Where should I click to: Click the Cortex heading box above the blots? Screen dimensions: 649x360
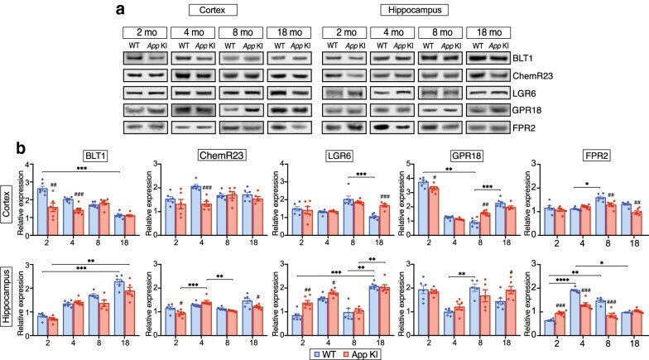coord(213,10)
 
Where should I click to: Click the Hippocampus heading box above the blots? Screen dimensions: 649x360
coord(414,10)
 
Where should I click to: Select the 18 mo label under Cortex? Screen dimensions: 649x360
coord(290,32)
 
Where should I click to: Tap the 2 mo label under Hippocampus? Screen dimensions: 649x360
coord(344,32)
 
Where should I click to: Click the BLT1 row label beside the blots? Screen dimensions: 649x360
coord(523,58)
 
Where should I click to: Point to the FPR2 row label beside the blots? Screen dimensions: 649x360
coord(524,127)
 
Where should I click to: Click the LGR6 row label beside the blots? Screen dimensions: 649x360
coord(524,94)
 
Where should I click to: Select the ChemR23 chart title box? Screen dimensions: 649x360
coord(221,156)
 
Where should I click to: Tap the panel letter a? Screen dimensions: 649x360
coord(121,9)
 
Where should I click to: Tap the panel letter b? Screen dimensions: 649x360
coord(22,147)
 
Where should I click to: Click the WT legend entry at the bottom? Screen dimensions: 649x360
coord(324,354)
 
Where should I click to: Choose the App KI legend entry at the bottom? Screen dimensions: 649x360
coord(359,354)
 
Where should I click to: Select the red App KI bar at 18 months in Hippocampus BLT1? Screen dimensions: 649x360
coord(129,313)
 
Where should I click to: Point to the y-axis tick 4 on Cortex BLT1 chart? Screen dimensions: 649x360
coord(28,165)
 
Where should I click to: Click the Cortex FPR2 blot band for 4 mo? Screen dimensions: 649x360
coord(192,127)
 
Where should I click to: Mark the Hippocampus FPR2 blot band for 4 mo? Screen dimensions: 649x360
coord(392,127)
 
